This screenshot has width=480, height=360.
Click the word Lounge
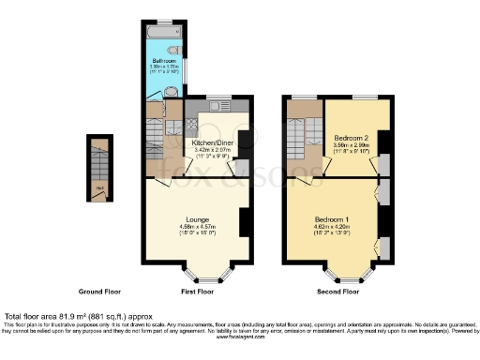196,219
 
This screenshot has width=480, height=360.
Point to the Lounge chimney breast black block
244,222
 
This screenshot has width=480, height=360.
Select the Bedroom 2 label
349,138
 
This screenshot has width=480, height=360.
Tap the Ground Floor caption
98,292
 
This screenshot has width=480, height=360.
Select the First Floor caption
197,292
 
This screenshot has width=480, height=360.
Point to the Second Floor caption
338,292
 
